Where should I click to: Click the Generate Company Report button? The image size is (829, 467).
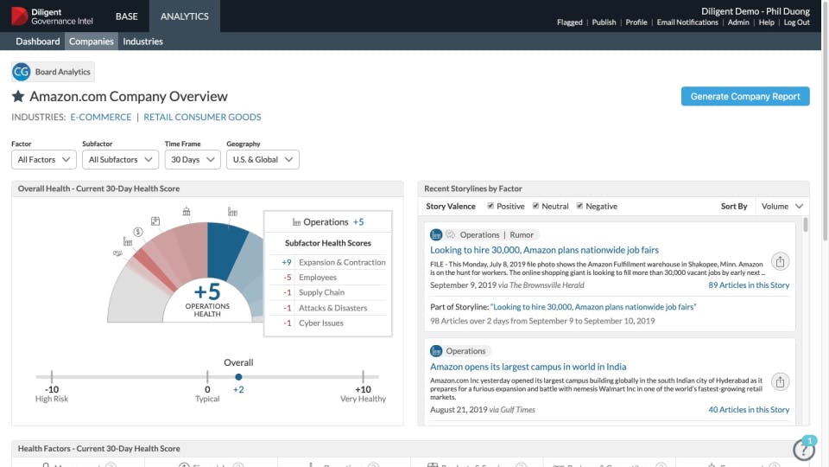[745, 97]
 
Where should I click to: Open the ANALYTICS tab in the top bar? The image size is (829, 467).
[184, 16]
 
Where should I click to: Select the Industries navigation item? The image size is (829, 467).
[142, 42]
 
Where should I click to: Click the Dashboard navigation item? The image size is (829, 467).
[38, 42]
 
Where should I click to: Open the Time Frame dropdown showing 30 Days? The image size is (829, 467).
[192, 160]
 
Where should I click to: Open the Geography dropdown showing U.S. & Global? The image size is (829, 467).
[263, 160]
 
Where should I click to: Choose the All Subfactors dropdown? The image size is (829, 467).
[120, 160]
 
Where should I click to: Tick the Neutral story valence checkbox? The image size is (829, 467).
[535, 207]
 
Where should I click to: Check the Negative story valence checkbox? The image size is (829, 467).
[580, 207]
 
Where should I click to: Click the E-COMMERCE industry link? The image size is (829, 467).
[101, 117]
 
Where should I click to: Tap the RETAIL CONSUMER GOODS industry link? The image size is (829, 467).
[202, 117]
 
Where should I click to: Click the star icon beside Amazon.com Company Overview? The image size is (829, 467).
[18, 97]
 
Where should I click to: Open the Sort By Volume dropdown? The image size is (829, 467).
[782, 207]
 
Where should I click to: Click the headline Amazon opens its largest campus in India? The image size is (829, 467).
[528, 367]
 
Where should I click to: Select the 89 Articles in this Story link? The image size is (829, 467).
[749, 285]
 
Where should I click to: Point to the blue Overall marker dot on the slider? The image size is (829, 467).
[238, 377]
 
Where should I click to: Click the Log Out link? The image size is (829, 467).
[796, 22]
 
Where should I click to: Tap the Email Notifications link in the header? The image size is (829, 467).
[687, 22]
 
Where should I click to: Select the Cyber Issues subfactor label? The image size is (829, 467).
[320, 323]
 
